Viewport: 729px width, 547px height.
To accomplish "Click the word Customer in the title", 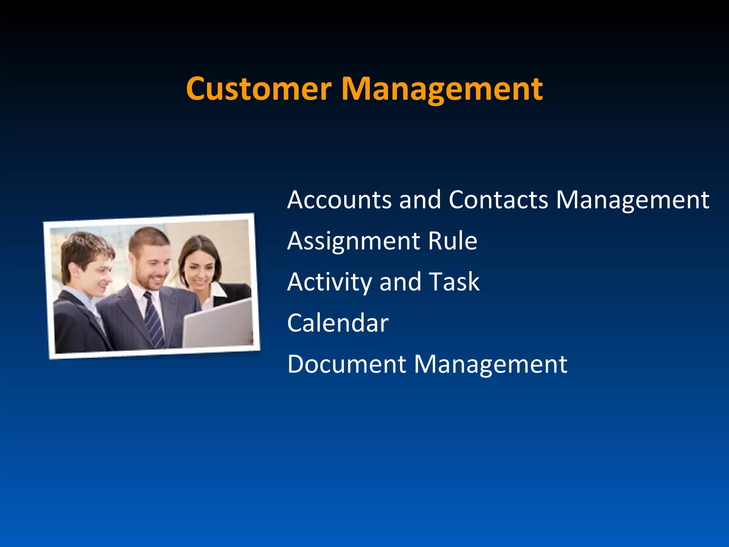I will (259, 89).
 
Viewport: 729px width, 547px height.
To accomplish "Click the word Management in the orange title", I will (442, 89).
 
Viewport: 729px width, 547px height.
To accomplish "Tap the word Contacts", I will (498, 200).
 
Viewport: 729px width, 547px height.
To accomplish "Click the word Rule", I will (452, 241).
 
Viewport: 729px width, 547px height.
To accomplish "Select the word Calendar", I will (338, 323).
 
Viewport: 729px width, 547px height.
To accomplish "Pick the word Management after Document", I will (491, 365).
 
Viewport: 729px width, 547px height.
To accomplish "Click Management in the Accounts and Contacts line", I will (633, 200).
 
